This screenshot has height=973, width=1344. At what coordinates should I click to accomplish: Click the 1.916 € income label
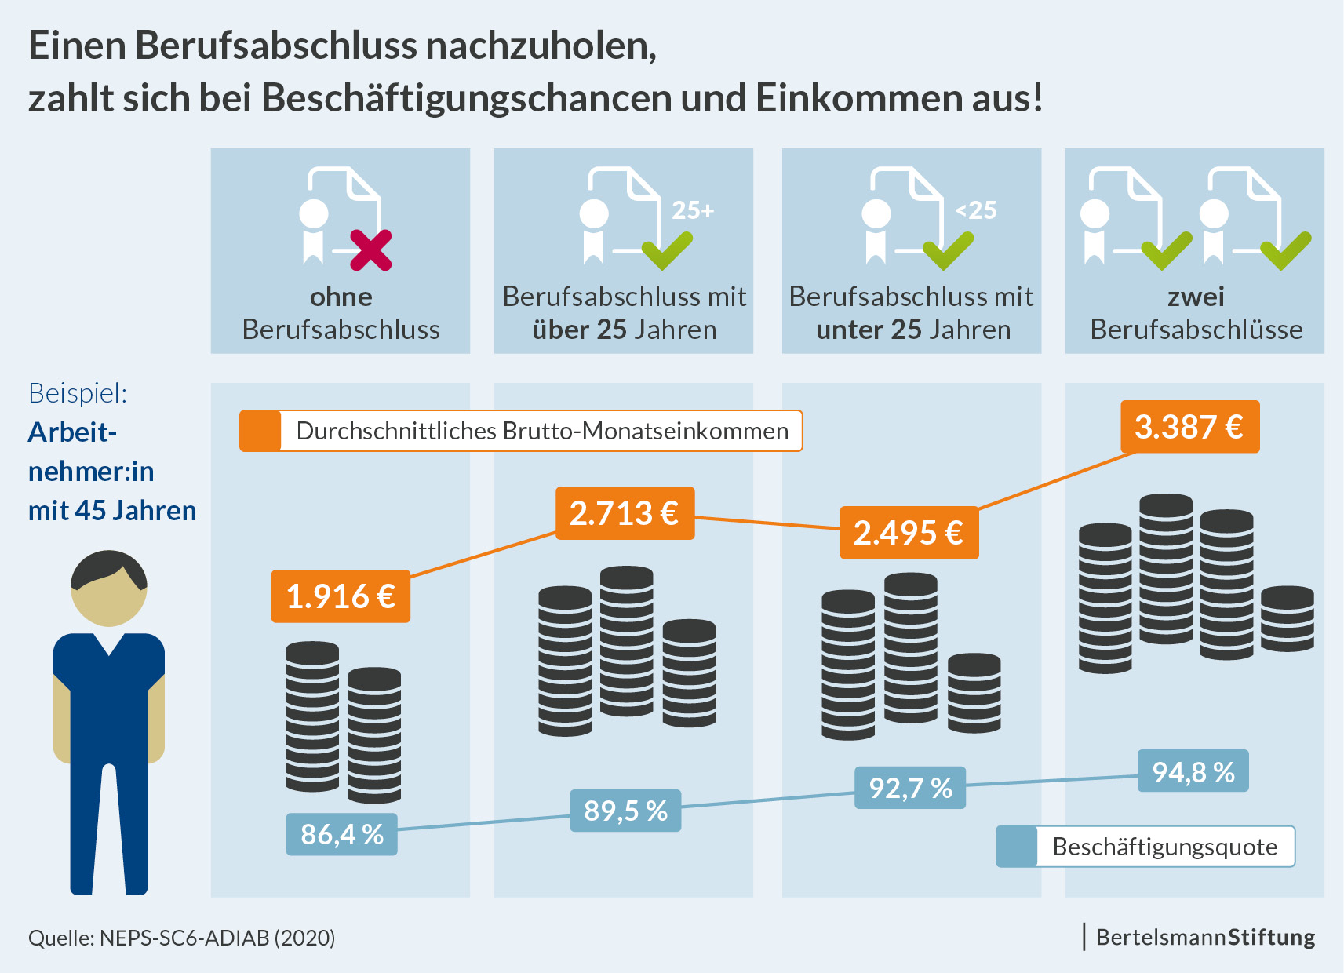[341, 596]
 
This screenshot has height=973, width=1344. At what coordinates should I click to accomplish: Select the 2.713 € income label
[625, 513]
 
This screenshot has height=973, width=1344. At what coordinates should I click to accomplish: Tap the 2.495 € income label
[909, 533]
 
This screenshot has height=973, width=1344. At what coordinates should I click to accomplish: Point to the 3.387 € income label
[1189, 427]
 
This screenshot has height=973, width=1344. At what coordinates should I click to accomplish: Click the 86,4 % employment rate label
[341, 834]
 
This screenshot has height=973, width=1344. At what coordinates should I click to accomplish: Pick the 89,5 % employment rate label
[625, 811]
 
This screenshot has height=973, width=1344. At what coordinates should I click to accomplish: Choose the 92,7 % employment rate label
[910, 788]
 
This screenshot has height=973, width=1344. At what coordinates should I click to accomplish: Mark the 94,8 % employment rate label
[1193, 772]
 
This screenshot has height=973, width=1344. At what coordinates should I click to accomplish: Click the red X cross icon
[370, 250]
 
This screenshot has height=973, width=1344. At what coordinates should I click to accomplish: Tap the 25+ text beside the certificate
[693, 210]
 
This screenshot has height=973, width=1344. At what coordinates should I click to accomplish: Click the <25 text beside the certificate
[975, 210]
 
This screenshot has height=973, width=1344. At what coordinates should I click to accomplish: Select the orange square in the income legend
[260, 431]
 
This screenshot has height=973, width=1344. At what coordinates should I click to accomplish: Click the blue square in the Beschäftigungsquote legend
[1017, 847]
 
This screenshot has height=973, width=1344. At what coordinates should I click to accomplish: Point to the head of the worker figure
[109, 589]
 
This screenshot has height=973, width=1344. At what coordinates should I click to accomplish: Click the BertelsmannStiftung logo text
[1205, 937]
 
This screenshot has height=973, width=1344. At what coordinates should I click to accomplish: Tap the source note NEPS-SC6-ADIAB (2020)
[182, 938]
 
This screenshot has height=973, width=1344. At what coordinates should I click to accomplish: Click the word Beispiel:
[78, 393]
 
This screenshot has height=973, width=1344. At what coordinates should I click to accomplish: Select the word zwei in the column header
[1196, 297]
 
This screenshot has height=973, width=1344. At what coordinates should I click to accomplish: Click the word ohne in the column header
[341, 297]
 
